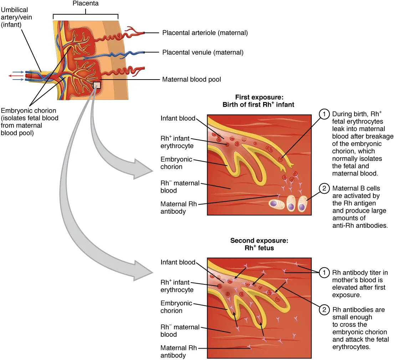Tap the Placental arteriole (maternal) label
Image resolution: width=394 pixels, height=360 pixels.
205,33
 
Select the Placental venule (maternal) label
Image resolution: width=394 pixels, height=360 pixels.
203,52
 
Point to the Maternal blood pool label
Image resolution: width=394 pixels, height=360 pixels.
191,79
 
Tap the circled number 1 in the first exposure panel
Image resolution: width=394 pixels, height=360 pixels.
324,114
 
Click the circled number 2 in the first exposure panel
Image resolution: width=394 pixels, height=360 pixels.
324,188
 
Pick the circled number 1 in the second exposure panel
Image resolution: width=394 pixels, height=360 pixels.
324,273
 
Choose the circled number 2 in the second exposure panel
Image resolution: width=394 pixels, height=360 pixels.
324,310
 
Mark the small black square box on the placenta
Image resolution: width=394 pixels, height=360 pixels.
97,85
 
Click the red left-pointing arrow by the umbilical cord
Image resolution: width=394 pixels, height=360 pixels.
16,76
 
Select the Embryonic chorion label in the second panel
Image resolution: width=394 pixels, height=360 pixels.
176,307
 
